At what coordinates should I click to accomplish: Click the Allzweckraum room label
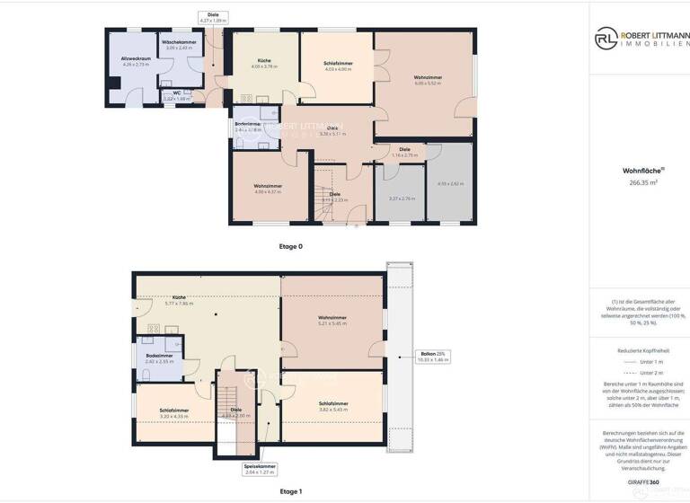[136, 61]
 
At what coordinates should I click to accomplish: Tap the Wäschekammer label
[179, 44]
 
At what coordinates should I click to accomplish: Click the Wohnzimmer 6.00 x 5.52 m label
[427, 79]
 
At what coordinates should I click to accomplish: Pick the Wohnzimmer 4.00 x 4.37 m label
[268, 188]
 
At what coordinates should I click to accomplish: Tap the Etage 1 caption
[291, 491]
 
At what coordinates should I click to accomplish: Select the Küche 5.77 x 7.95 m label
[180, 300]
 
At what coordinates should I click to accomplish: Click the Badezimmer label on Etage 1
[158, 357]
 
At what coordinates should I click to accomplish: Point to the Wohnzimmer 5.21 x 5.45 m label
[332, 320]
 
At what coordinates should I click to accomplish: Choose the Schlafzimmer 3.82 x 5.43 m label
[332, 406]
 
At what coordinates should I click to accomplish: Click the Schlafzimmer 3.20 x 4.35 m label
[174, 412]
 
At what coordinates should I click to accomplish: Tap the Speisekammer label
[260, 468]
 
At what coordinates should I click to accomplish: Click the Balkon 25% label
[432, 356]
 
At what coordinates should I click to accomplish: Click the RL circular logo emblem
[606, 39]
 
